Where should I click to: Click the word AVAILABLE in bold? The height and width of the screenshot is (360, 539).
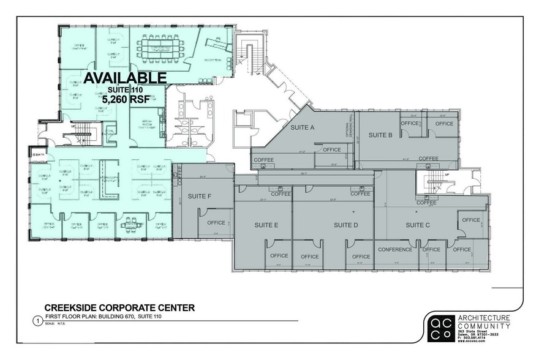pyautogui.click(x=125, y=77)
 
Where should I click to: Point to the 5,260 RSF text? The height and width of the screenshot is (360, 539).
pyautogui.click(x=125, y=100)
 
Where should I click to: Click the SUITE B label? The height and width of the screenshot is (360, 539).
pyautogui.click(x=380, y=134)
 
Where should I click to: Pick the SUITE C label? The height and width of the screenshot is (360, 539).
pyautogui.click(x=419, y=225)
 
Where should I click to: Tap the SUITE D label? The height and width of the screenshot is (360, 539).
pyautogui.click(x=346, y=225)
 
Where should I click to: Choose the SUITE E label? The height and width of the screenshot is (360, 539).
pyautogui.click(x=266, y=225)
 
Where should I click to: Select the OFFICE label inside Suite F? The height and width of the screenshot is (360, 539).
pyautogui.click(x=216, y=222)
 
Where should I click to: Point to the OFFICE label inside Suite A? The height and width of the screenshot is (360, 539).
pyautogui.click(x=331, y=149)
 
